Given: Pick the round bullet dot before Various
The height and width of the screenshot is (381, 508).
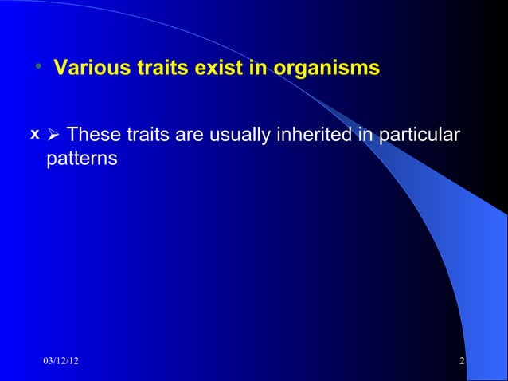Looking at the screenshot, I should pyautogui.click(x=37, y=67).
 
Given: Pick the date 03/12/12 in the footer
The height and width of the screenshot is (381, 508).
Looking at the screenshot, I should pyautogui.click(x=61, y=363).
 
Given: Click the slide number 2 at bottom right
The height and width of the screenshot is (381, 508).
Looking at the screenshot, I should pyautogui.click(x=462, y=363).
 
